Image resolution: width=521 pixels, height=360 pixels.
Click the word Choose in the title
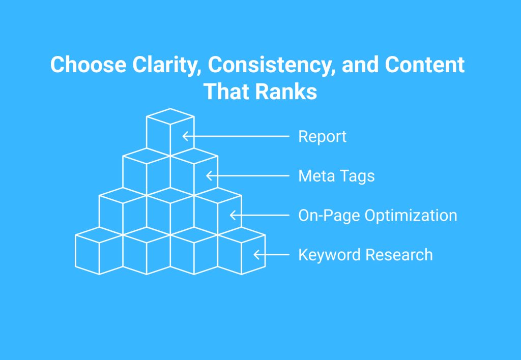pos(89,64)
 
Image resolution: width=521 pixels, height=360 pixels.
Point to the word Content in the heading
pos(425,64)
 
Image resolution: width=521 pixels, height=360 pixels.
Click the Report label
pos(322,136)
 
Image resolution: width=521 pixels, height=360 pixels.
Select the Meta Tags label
pos(336,176)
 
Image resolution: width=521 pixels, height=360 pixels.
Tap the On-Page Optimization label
pos(378,216)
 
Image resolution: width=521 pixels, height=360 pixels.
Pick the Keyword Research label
pos(365,255)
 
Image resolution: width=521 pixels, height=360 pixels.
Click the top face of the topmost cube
pos(170,116)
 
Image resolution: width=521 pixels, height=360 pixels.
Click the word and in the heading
pos(360,64)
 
